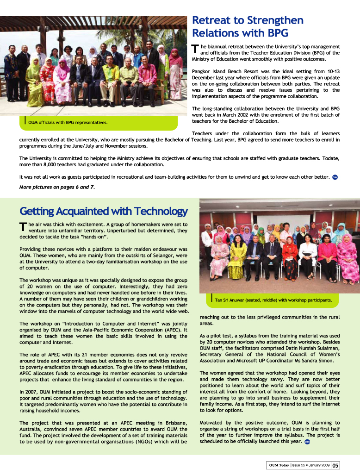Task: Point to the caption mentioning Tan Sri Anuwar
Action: [x=273, y=300]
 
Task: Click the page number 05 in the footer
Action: [x=335, y=465]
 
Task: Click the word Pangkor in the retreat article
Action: [x=202, y=71]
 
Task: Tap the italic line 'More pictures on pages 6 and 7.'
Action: [x=57, y=187]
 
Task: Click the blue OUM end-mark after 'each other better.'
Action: [x=335, y=177]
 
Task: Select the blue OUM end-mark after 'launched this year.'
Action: [x=307, y=442]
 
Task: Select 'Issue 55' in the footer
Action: [x=298, y=465]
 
